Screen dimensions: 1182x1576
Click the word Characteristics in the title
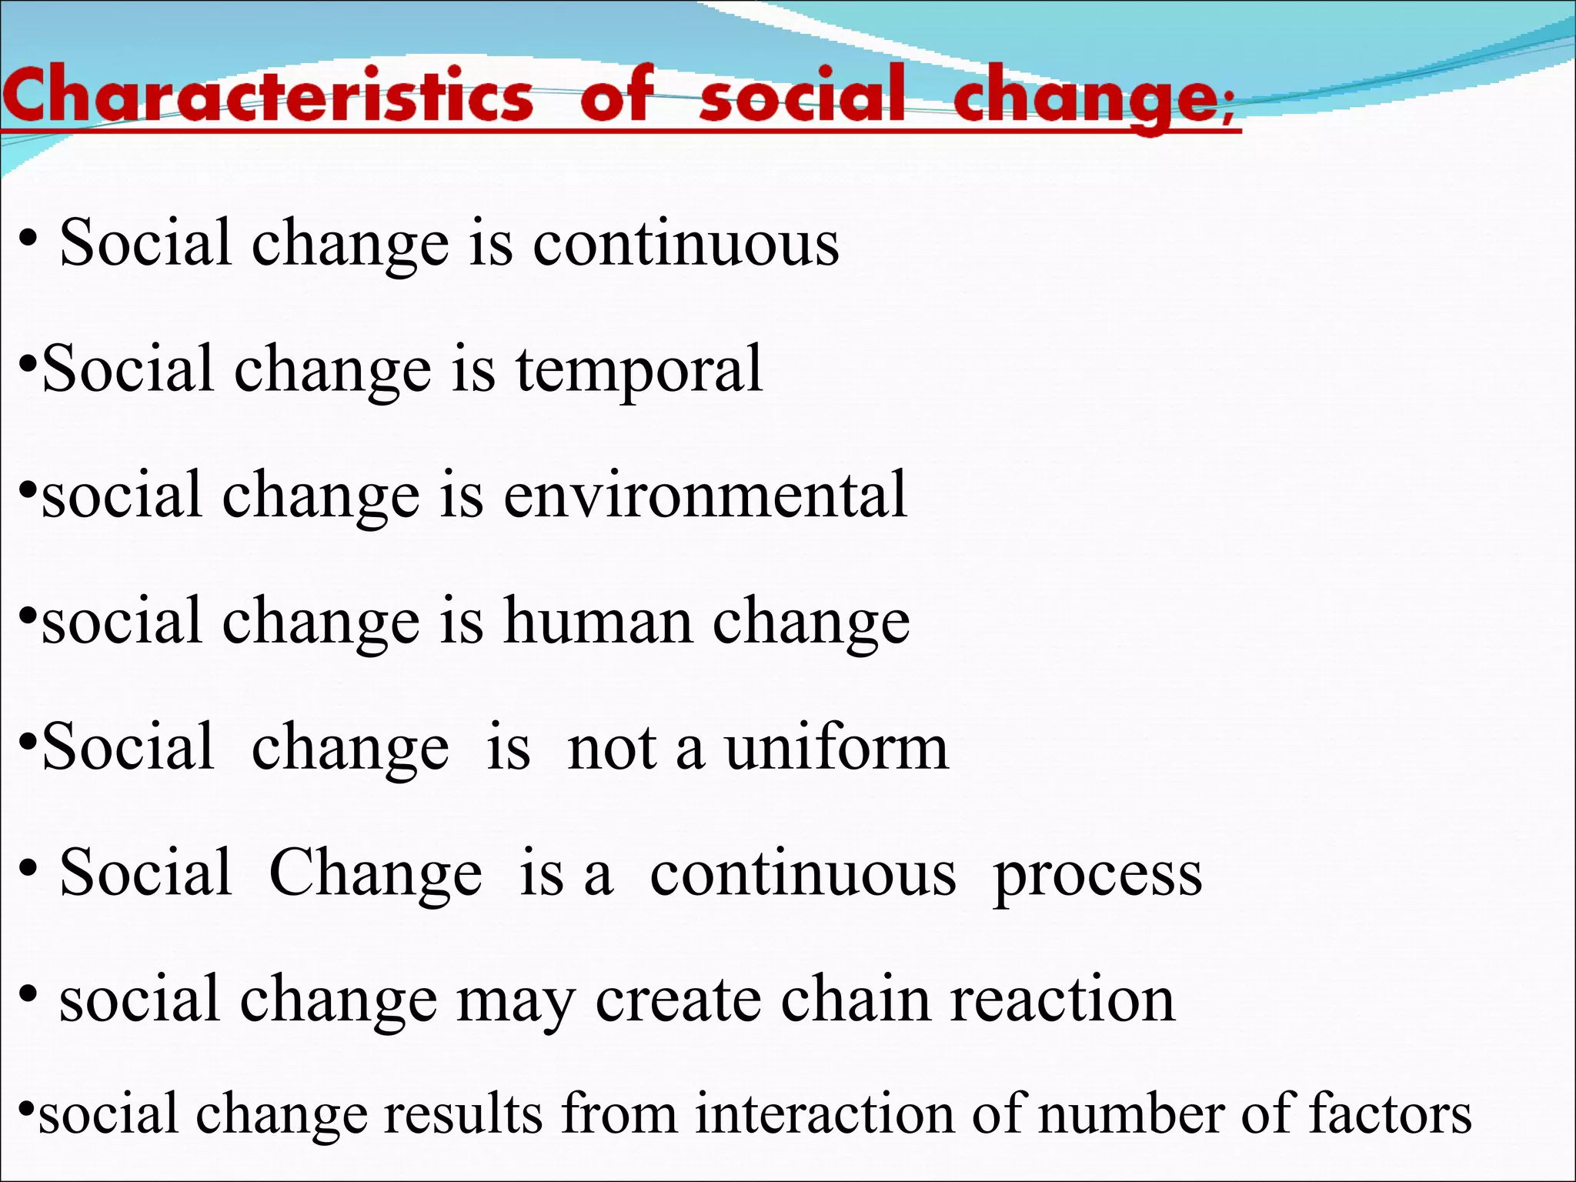tap(267, 95)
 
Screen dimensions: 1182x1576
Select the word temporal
tap(639, 369)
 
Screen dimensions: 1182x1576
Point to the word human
tap(598, 621)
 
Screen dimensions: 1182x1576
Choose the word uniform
tap(836, 747)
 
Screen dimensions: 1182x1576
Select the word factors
tap(1390, 1114)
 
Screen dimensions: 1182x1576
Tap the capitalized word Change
tap(376, 874)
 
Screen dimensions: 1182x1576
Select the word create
tap(678, 1000)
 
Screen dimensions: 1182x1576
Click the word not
tap(612, 747)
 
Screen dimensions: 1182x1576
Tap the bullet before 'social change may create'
tap(28, 994)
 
